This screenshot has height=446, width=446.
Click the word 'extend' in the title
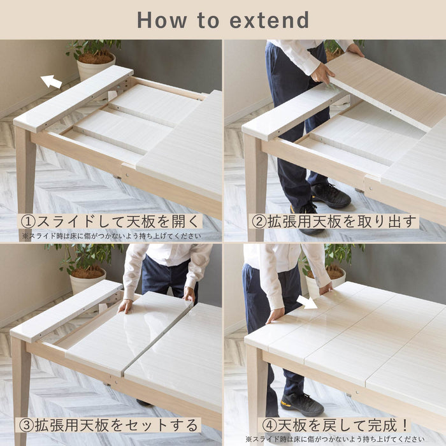269,20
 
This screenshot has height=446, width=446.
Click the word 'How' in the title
162,20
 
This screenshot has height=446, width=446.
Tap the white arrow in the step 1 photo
52,82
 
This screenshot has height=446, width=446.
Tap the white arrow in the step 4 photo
307,303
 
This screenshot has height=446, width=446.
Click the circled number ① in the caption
28,222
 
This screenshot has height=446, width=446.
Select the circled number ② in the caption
259,222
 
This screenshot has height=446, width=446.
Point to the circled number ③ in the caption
27,425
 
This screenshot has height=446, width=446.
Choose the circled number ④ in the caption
269,425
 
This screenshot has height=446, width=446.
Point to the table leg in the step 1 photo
25,171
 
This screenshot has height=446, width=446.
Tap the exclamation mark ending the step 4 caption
405,425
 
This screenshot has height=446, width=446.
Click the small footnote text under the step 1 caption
111,236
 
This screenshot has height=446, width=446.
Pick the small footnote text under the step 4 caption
335,439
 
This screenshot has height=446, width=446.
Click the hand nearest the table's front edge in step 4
275,316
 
